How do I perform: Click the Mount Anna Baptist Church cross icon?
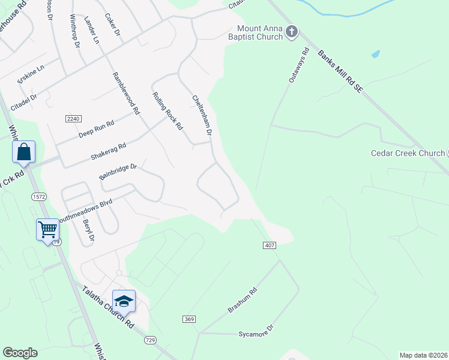tap(292, 32)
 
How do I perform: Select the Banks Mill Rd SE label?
tap(340, 71)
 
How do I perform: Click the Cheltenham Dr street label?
tap(202, 114)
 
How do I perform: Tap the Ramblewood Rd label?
tap(126, 93)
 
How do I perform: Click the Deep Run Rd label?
tap(96, 129)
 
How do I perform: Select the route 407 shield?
tap(269, 245)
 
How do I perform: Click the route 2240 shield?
tap(73, 119)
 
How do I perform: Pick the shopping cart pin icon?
tap(47, 229)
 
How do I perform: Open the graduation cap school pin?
tap(124, 301)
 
